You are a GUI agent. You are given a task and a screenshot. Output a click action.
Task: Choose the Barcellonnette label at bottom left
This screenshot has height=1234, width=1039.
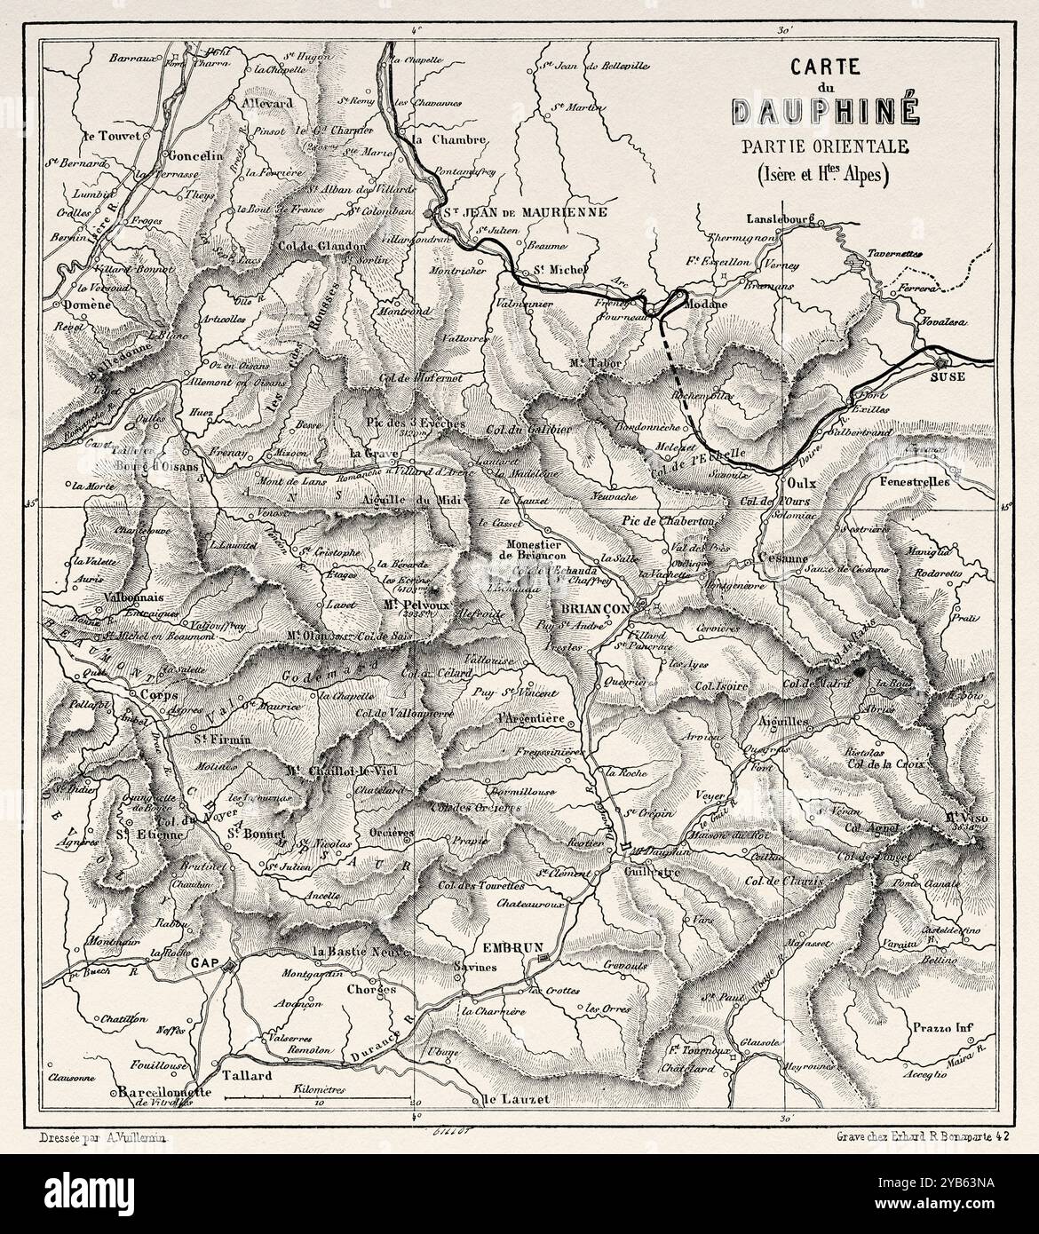click(161, 1093)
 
